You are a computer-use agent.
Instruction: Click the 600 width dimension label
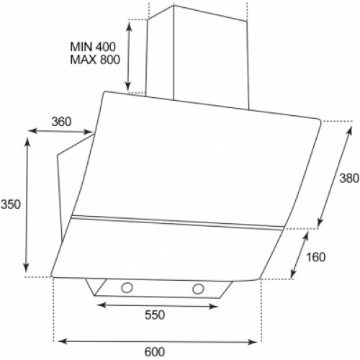(155, 352)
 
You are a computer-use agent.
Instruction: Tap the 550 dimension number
(155, 315)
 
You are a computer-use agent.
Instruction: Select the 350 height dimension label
(11, 204)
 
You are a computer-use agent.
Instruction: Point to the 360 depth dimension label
(61, 122)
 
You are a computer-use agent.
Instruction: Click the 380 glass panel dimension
(349, 179)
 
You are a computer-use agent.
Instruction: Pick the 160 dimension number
(315, 257)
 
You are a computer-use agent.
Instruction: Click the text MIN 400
(93, 47)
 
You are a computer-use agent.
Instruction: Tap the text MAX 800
(95, 60)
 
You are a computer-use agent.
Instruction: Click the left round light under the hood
(127, 287)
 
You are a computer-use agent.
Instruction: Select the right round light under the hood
(198, 289)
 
